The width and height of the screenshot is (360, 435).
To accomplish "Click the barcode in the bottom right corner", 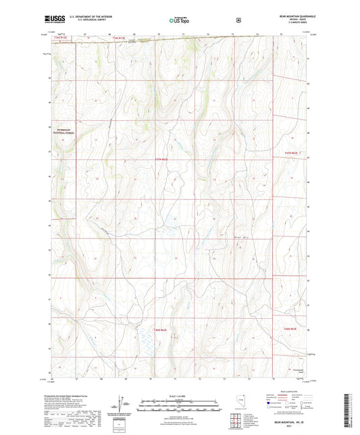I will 349,406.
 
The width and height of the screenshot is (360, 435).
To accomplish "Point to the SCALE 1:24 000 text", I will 180,395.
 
